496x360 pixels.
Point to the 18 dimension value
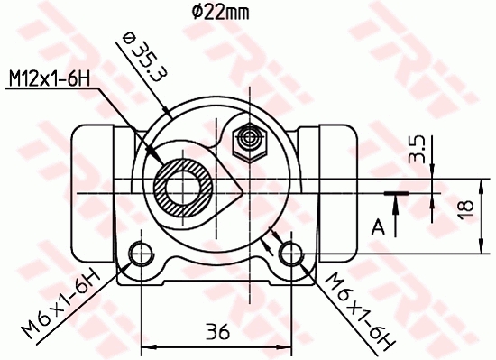pyautogui.click(x=464, y=207)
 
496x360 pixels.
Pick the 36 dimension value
pyautogui.click(x=215, y=331)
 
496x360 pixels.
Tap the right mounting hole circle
pyautogui.click(x=289, y=250)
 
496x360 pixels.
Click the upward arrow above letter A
pyautogui.click(x=395, y=199)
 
